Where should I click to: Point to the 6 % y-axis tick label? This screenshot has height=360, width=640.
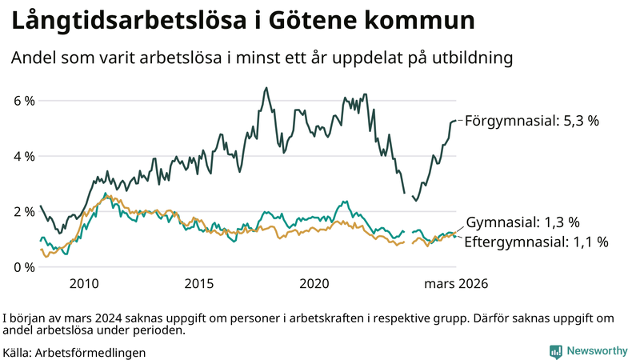(x=23, y=101)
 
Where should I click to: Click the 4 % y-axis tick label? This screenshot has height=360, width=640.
(x=23, y=156)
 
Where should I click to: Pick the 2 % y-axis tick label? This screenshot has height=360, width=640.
(x=23, y=211)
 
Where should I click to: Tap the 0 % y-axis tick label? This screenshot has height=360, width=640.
(x=23, y=266)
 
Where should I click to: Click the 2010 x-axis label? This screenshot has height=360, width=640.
(x=84, y=284)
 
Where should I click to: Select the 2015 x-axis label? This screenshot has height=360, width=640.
(x=199, y=284)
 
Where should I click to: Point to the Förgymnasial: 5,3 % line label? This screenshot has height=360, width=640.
(x=532, y=121)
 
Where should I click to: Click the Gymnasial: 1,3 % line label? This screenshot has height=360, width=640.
(x=522, y=222)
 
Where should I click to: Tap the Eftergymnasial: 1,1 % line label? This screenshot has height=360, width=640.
(x=536, y=241)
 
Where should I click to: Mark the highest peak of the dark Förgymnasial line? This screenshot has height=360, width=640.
(x=266, y=88)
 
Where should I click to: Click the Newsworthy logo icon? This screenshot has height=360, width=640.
(x=555, y=351)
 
